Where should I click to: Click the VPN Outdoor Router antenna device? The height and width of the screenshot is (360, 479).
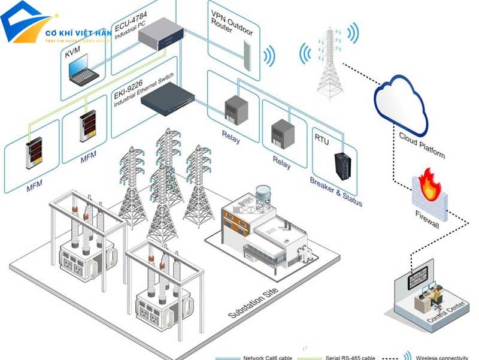[x=247, y=47]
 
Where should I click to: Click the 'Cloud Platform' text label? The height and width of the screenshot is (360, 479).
[x=422, y=146]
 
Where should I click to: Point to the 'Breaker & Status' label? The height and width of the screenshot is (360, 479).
[x=336, y=191]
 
